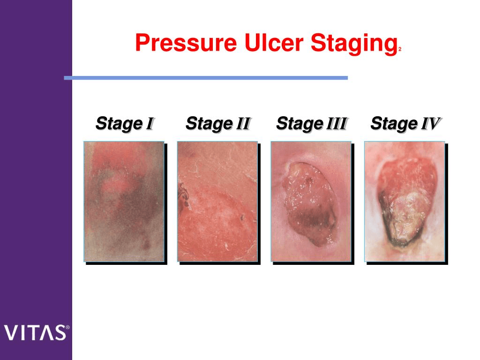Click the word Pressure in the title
tap(186, 43)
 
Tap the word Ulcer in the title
tap(274, 43)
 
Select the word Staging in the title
tap(354, 45)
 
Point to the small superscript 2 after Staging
tap(400, 49)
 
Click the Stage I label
tap(124, 124)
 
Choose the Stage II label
tap(218, 124)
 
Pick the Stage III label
tap(311, 124)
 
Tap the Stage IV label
tap(405, 124)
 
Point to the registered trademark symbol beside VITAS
tap(67, 327)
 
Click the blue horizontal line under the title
tap(206, 78)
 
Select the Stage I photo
tap(124, 202)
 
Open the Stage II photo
tap(217, 202)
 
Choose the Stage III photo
tap(311, 202)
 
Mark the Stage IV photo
tap(405, 202)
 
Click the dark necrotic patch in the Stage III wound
tap(312, 222)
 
